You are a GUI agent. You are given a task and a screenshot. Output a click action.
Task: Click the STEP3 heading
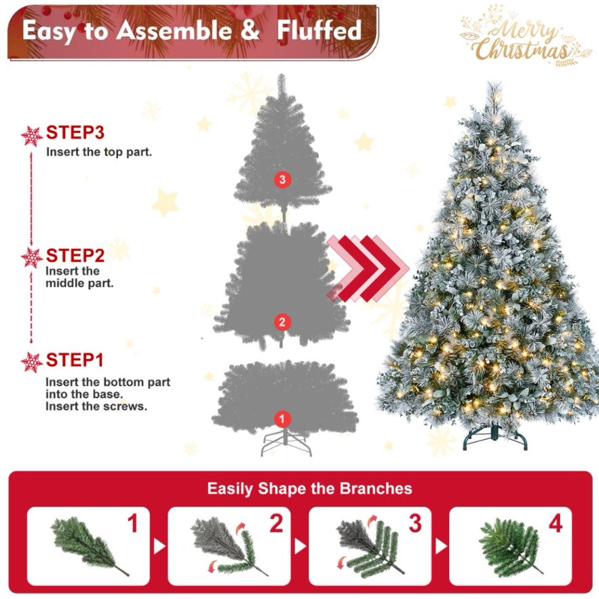(75, 132)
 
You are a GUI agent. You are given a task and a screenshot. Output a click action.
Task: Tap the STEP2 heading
(75, 256)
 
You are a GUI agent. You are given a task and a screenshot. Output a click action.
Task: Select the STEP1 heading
(75, 360)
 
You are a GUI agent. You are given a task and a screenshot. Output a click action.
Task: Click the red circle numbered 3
(282, 180)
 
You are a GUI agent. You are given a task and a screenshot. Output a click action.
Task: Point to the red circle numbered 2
(282, 322)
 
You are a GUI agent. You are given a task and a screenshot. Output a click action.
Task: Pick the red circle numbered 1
(282, 419)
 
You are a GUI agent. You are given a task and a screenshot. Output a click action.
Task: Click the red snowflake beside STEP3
(32, 136)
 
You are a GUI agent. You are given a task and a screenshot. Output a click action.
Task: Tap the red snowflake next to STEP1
(32, 362)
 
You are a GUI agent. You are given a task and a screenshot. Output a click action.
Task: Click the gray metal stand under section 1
(286, 442)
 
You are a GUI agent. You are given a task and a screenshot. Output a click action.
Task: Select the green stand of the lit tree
(495, 438)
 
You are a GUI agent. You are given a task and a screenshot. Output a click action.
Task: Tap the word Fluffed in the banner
(319, 30)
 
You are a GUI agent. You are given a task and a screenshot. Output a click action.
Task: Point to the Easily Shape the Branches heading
(309, 488)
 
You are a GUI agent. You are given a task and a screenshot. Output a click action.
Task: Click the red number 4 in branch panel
(556, 523)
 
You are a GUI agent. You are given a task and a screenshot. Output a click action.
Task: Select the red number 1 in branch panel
(132, 523)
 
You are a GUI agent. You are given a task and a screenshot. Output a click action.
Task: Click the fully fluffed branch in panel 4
(510, 547)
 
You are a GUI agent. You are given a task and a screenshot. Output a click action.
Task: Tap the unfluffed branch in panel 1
(88, 546)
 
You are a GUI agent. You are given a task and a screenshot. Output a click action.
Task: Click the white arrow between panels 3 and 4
(441, 546)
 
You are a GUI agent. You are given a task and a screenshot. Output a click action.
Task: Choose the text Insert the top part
(99, 152)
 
